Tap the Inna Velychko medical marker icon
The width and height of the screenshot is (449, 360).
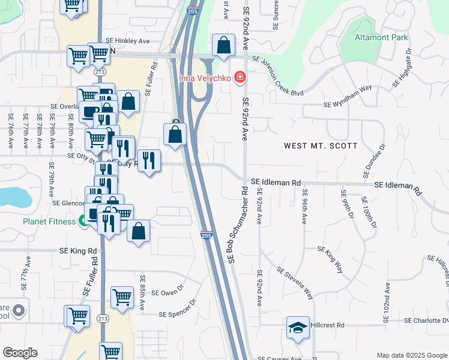[x=240, y=77]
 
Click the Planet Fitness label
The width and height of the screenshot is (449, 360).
[x=50, y=221]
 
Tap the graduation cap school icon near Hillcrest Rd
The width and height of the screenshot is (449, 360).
[x=297, y=328]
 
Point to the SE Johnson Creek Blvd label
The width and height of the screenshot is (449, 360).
[x=278, y=76]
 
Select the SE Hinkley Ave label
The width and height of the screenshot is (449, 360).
[x=128, y=41]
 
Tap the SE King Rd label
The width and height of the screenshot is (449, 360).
[x=77, y=251]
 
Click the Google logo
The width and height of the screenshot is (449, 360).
[x=20, y=353]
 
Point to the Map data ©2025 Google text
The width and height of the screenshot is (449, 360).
[x=411, y=355]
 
